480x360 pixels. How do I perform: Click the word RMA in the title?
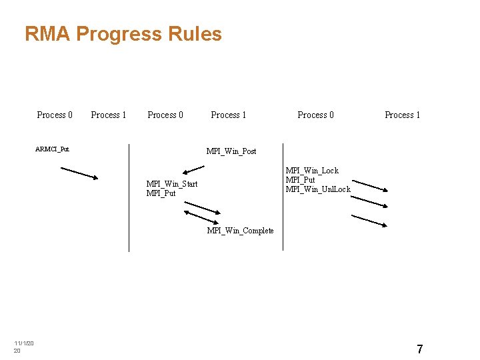[x=47, y=34]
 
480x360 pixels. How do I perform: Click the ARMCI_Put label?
[x=52, y=149]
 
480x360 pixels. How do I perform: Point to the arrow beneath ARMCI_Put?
[x=79, y=173]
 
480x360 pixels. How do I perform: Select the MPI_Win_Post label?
[x=231, y=151]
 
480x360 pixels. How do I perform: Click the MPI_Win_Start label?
[x=172, y=184]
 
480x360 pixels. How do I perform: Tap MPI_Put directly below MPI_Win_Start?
[x=161, y=193]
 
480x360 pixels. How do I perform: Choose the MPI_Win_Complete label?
[x=240, y=231]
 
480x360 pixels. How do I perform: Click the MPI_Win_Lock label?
[x=312, y=171]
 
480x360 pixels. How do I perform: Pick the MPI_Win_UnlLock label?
[x=318, y=189]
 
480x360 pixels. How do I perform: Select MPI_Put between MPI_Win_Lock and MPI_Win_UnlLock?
[x=300, y=180]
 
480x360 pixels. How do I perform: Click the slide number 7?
[x=419, y=349]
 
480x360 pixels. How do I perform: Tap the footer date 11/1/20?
[x=24, y=343]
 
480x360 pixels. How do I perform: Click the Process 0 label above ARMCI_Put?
[x=55, y=115]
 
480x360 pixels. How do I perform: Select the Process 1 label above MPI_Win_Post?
[x=229, y=115]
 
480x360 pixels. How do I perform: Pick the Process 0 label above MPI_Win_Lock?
[x=315, y=115]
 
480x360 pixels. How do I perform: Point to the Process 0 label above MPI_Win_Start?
[x=165, y=115]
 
